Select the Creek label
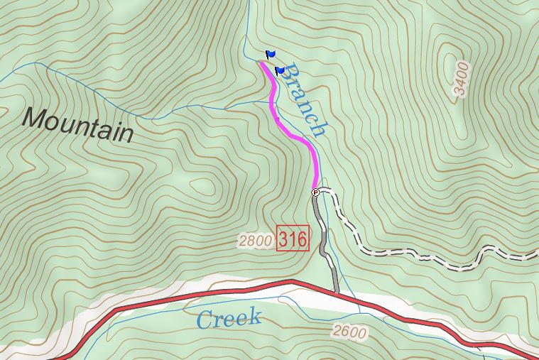coord(229,319)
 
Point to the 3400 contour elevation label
coord(461,79)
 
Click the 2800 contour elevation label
coord(255,241)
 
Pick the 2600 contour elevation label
coord(349,332)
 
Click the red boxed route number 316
coord(293,239)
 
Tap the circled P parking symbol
coord(316,192)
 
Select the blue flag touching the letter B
coord(279,71)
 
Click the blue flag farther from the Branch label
coord(270,54)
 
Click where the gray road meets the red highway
coord(336,291)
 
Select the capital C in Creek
coord(205,320)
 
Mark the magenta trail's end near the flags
coord(261,63)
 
